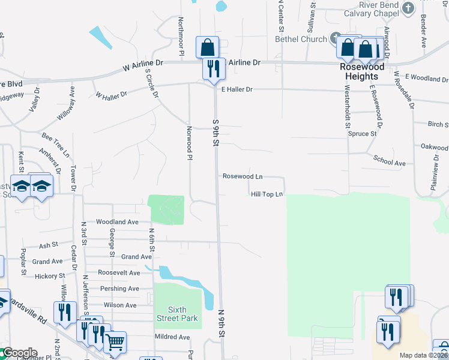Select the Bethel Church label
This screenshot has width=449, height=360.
tap(301, 39)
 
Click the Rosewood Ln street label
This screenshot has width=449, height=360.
tap(243, 176)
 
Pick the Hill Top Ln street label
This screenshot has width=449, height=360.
tap(267, 194)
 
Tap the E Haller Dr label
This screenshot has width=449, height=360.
tap(237, 89)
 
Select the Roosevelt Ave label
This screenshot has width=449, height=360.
tap(119, 272)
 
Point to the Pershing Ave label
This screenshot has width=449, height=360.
tap(122, 289)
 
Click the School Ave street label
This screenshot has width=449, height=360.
tap(390, 163)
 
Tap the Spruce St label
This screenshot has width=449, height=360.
tap(362, 134)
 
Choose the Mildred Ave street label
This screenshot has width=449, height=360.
tap(172, 337)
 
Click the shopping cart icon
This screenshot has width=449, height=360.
tap(115, 342)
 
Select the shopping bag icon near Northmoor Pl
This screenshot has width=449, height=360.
tap(207, 47)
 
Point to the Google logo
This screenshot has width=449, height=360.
tap(19, 353)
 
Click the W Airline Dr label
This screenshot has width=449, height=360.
tap(143, 62)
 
